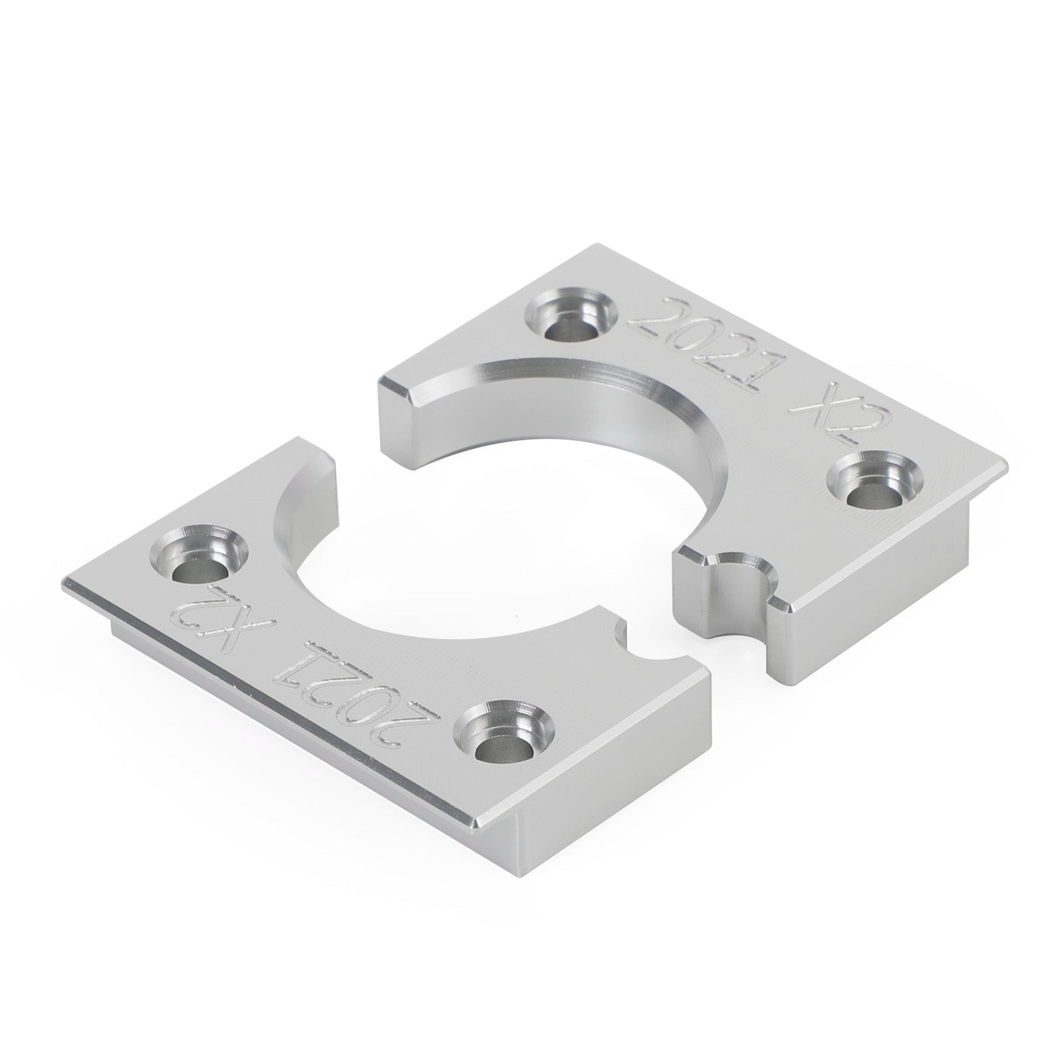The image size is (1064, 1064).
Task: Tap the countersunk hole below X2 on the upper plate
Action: coord(868,482)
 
